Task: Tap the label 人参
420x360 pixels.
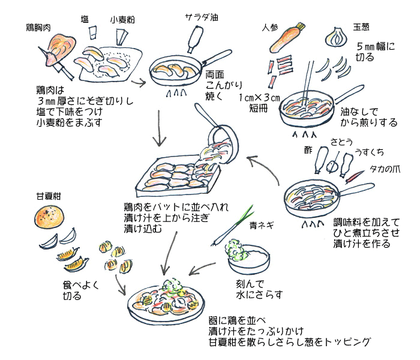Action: point(272,28)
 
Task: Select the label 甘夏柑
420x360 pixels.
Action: point(49,196)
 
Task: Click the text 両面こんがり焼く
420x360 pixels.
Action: point(218,85)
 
